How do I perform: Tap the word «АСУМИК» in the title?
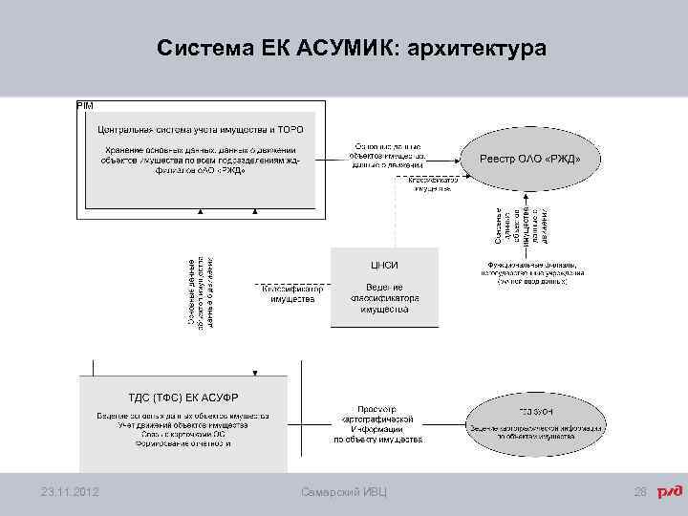(342, 47)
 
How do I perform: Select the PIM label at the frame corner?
(84, 104)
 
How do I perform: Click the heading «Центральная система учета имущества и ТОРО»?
(200, 128)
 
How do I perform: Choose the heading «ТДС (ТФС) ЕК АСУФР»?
(183, 397)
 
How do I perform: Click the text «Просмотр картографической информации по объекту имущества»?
(377, 424)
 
